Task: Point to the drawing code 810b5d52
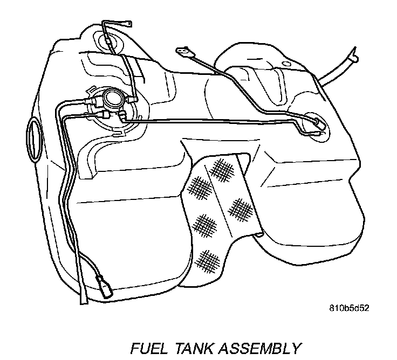pos(350,310)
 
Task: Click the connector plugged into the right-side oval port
pos(318,124)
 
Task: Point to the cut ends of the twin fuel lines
pos(84,300)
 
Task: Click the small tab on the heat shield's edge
pos(260,234)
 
